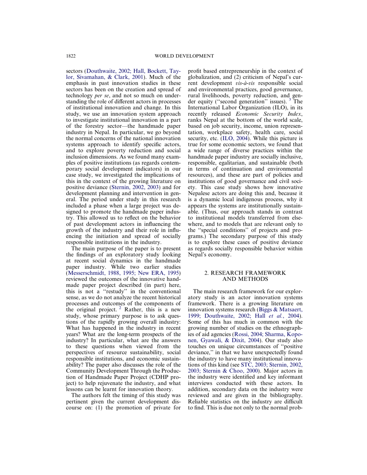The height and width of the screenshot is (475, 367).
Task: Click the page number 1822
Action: [71, 56]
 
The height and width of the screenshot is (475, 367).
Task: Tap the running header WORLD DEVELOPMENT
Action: [184, 56]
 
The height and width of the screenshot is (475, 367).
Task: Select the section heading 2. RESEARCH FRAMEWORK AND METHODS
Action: [245, 276]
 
